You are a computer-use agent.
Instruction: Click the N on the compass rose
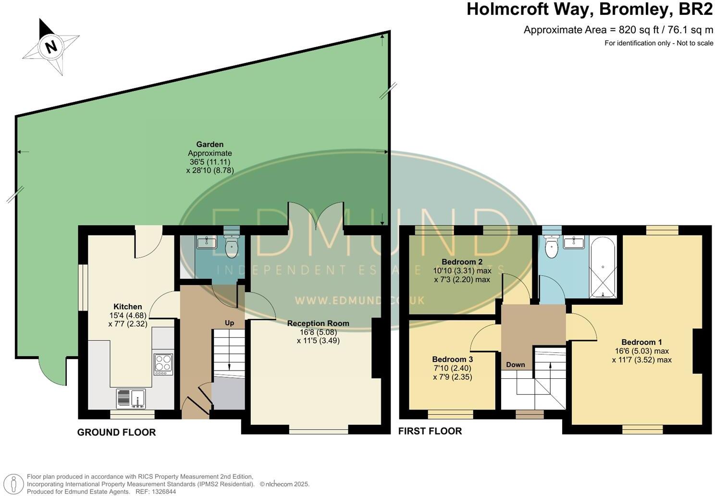point(51,47)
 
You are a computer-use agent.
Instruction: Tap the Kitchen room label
point(128,307)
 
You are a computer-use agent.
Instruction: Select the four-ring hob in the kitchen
point(163,364)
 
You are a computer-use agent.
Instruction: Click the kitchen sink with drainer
point(131,398)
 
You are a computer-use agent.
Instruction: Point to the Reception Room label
point(318,323)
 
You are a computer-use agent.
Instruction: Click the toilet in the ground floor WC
point(232,246)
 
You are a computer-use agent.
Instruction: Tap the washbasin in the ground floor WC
point(207,243)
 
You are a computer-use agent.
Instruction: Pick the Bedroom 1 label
point(641,342)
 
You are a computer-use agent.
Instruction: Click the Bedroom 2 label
point(462,262)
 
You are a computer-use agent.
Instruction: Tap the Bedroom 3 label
point(452,360)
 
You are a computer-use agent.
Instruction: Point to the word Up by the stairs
point(229,323)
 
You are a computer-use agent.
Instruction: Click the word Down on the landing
point(516,364)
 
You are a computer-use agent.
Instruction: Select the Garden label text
point(210,144)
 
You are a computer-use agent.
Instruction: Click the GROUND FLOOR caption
point(116,433)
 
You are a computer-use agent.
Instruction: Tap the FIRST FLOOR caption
point(430,431)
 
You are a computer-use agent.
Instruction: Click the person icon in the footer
point(13,484)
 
